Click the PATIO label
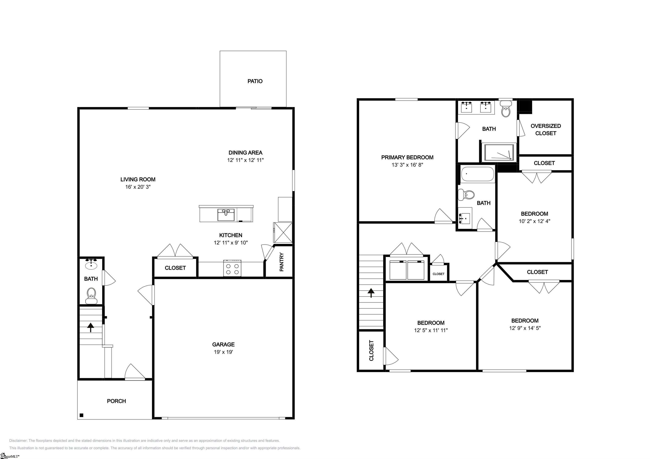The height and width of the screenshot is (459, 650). pyautogui.click(x=255, y=81)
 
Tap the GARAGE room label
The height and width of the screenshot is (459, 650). pyautogui.click(x=223, y=344)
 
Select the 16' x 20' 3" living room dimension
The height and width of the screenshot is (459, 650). pyautogui.click(x=138, y=187)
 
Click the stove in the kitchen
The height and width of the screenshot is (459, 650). pyautogui.click(x=232, y=268)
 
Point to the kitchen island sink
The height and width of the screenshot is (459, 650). pyautogui.click(x=226, y=215)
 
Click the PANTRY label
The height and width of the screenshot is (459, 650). pyautogui.click(x=282, y=262)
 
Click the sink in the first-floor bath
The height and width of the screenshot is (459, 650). pyautogui.click(x=91, y=264)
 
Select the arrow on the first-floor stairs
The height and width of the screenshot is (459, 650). pyautogui.click(x=91, y=327)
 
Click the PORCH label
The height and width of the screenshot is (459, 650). pyautogui.click(x=116, y=401)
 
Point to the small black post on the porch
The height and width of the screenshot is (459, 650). pyautogui.click(x=81, y=415)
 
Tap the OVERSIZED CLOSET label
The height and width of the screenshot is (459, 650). pyautogui.click(x=545, y=130)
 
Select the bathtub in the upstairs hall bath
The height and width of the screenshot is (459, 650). pyautogui.click(x=477, y=174)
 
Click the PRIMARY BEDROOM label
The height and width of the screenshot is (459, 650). pyautogui.click(x=407, y=157)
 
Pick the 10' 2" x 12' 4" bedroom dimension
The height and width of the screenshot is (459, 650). pyautogui.click(x=534, y=221)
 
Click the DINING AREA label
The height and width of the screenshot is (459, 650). pyautogui.click(x=245, y=153)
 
